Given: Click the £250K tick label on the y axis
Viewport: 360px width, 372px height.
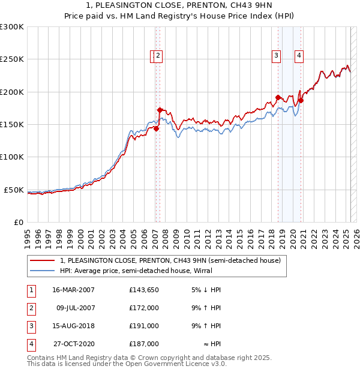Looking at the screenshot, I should tap(12, 59).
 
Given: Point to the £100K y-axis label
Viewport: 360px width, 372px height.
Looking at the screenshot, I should tap(12, 157).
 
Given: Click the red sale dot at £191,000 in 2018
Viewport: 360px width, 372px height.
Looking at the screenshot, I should tap(278, 97).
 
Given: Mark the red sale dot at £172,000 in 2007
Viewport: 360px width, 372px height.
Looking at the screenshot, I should tap(160, 110).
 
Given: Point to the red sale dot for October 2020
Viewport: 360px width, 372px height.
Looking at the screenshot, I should tap(301, 100).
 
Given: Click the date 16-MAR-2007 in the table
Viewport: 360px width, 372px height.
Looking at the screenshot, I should tap(73, 290).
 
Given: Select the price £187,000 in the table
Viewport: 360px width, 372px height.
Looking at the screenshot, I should tap(144, 344).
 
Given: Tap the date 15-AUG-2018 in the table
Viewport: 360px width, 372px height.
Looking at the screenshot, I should tap(73, 326).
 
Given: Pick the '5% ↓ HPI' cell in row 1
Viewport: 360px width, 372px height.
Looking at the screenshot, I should tap(206, 290).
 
